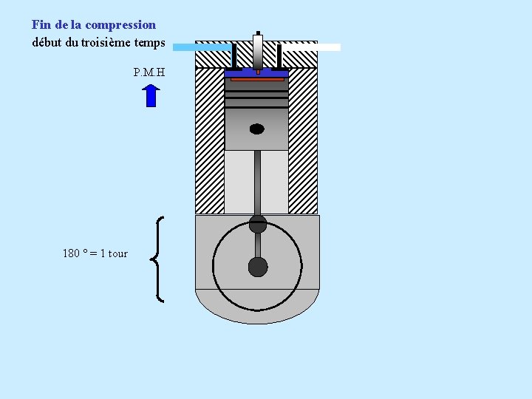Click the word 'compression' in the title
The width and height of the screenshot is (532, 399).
(120, 25)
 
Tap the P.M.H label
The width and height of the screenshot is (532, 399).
(149, 72)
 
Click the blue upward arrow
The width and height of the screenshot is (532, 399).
(151, 96)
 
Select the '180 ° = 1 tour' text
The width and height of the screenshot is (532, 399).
(95, 253)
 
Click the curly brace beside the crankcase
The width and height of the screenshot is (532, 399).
(157, 259)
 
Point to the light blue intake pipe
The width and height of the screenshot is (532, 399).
(201, 47)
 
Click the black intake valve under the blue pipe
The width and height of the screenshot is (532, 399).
(234, 56)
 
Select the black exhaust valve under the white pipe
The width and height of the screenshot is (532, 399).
(279, 56)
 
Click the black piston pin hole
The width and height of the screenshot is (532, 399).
(256, 129)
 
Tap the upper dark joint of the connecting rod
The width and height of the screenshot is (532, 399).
(257, 224)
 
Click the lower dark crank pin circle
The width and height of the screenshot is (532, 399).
(257, 267)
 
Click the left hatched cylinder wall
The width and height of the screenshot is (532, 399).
(209, 140)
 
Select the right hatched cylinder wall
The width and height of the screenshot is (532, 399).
(303, 140)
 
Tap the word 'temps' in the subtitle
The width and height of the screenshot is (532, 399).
(150, 42)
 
